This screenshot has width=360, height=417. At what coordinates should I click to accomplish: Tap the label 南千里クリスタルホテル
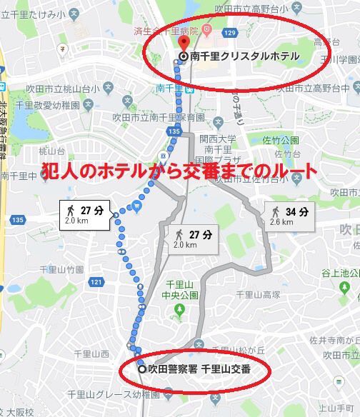click(239, 56)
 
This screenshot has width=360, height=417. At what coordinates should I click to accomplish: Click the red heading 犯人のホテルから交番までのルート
click(176, 174)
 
